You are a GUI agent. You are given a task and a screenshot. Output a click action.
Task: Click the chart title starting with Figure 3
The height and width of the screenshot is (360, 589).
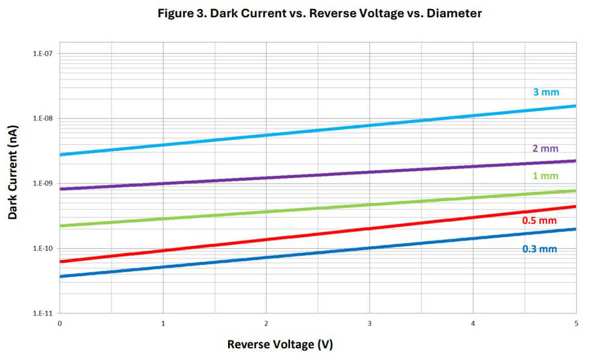(x=320, y=13)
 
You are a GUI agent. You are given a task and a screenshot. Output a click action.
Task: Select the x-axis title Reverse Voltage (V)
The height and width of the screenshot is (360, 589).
(x=279, y=344)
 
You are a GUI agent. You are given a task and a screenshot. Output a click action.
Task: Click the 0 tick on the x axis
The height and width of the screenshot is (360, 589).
(x=60, y=323)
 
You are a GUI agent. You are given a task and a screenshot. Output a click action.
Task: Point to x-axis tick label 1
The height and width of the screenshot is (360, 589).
(x=163, y=323)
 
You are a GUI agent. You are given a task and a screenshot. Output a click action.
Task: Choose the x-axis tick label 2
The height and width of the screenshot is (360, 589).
(x=266, y=323)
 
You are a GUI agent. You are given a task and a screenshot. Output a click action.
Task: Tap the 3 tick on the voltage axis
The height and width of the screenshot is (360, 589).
(x=369, y=323)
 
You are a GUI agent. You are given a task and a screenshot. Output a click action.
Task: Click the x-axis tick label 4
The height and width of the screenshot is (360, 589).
(x=473, y=323)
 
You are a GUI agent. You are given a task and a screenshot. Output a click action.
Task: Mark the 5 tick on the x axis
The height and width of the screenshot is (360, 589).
(x=576, y=323)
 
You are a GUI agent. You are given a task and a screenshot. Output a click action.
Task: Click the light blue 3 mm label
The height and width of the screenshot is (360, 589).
(x=545, y=92)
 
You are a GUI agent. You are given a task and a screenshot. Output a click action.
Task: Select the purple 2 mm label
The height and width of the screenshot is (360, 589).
(x=545, y=148)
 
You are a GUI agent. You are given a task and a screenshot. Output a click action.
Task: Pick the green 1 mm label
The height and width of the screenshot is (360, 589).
(x=545, y=176)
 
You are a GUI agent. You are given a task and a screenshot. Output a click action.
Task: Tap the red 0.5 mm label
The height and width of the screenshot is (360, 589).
(x=539, y=220)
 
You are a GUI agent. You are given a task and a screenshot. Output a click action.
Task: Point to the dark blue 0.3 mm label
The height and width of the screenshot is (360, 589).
(x=539, y=249)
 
